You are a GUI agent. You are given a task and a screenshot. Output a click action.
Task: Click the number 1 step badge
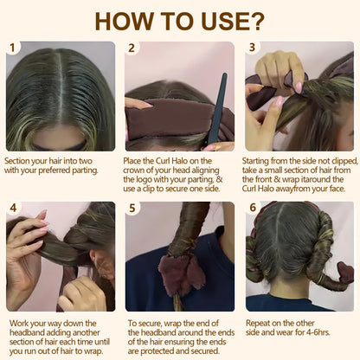11,48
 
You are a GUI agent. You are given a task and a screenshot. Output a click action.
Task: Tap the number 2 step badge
132,48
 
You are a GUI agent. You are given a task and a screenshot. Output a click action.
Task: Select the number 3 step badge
253,48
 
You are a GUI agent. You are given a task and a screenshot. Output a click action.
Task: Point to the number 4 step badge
11,209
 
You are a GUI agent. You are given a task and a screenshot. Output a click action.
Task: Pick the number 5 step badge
132,209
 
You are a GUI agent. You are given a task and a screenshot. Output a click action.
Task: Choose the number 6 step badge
253,209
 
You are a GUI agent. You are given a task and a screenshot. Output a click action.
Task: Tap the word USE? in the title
235,20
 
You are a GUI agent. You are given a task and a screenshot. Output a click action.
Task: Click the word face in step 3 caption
340,189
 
